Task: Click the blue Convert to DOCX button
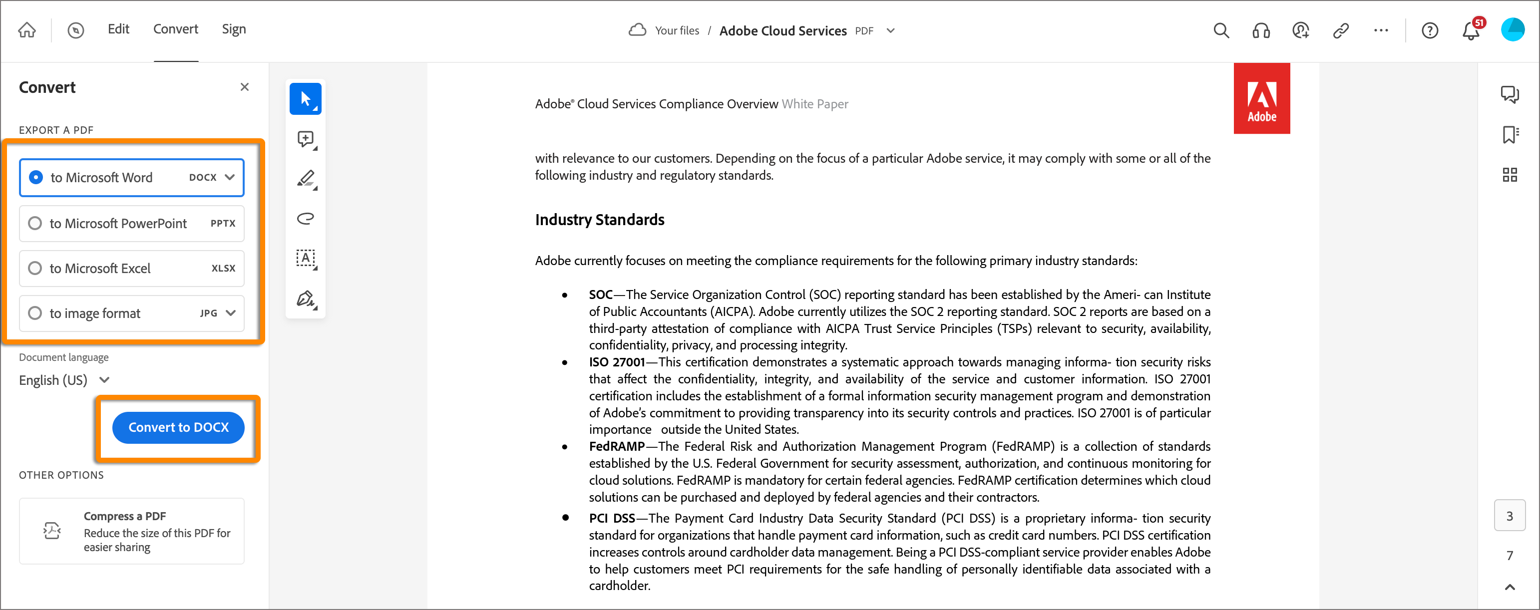point(178,427)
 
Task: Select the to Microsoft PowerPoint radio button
point(35,224)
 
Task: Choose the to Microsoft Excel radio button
point(35,268)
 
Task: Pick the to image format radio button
point(35,313)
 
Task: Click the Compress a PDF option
point(131,531)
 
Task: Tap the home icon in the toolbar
point(27,30)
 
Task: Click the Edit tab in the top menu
point(118,29)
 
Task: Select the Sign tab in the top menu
point(234,29)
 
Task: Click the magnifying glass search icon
point(1221,30)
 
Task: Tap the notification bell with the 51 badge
point(1471,30)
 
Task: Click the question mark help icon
point(1430,30)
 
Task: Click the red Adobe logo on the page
point(1261,98)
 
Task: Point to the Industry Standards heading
point(600,220)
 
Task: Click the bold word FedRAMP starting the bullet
point(616,446)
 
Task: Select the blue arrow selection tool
point(306,98)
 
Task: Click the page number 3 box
point(1510,516)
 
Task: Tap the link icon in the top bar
point(1341,30)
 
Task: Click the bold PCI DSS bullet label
point(612,518)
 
